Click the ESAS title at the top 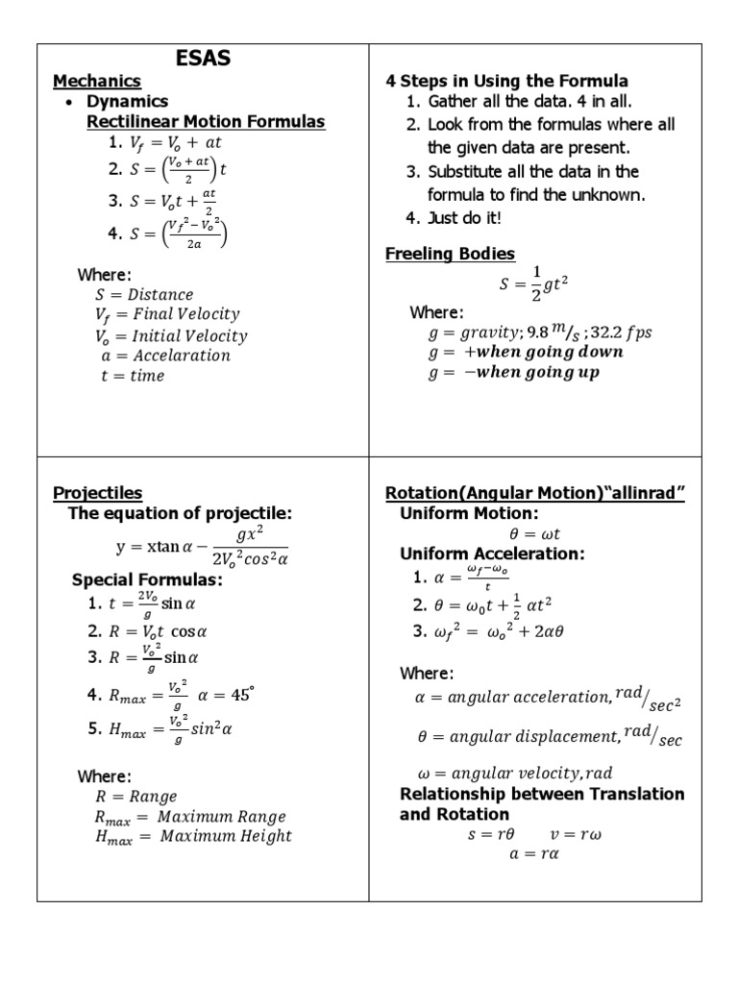pyautogui.click(x=203, y=60)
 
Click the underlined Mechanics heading pyautogui.click(x=97, y=82)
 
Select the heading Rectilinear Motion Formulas pyautogui.click(x=206, y=122)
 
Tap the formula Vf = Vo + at pyautogui.click(x=176, y=143)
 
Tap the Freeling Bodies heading pyautogui.click(x=450, y=254)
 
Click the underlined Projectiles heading pyautogui.click(x=97, y=493)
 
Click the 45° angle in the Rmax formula pyautogui.click(x=242, y=695)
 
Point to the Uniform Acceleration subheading pyautogui.click(x=492, y=554)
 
